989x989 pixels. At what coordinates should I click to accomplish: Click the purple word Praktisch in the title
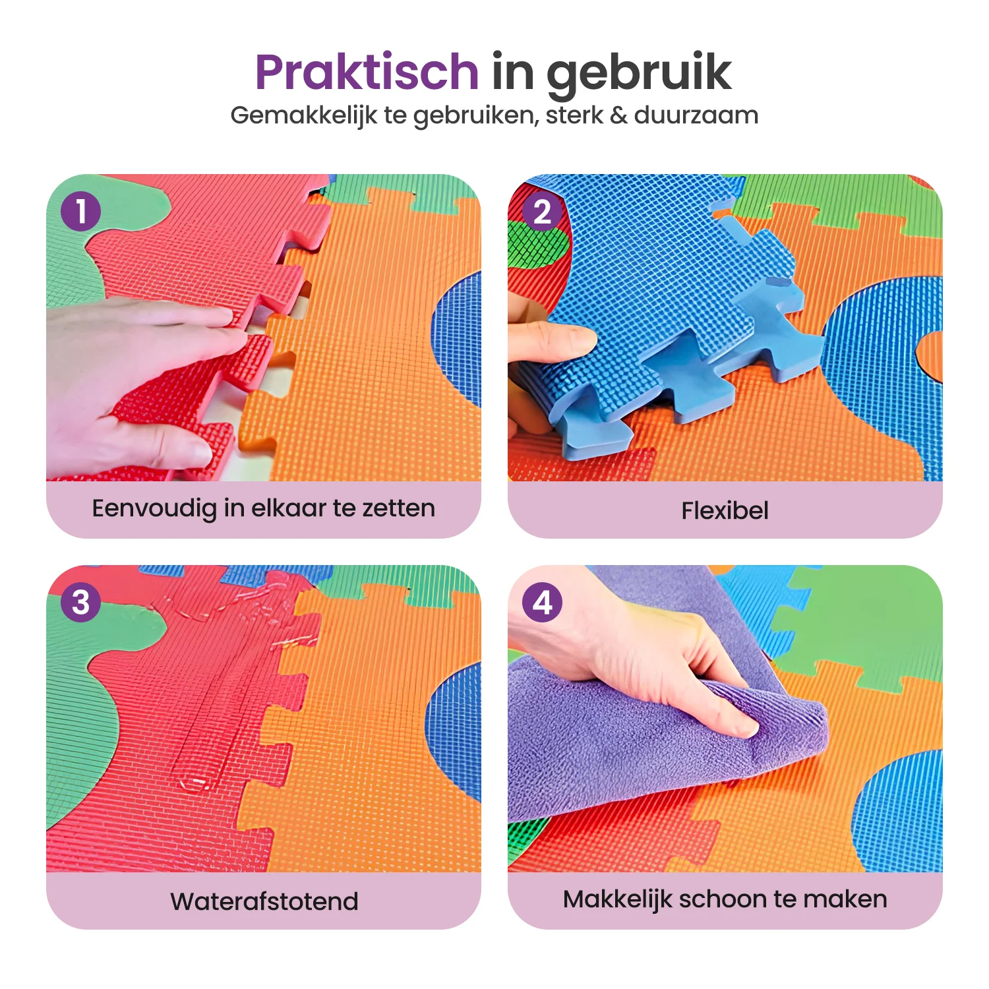(x=367, y=73)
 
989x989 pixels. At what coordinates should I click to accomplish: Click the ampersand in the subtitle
(x=618, y=115)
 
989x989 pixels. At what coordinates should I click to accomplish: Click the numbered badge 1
(x=80, y=212)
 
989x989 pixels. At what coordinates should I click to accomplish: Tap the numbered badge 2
(x=542, y=212)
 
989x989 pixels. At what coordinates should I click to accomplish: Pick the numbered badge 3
(x=80, y=602)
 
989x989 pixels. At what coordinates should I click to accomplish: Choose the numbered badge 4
(x=542, y=602)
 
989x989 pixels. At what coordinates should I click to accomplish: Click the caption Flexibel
(x=725, y=510)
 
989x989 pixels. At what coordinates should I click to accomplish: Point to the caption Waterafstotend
(x=264, y=901)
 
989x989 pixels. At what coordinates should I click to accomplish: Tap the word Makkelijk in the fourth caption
(x=617, y=900)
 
